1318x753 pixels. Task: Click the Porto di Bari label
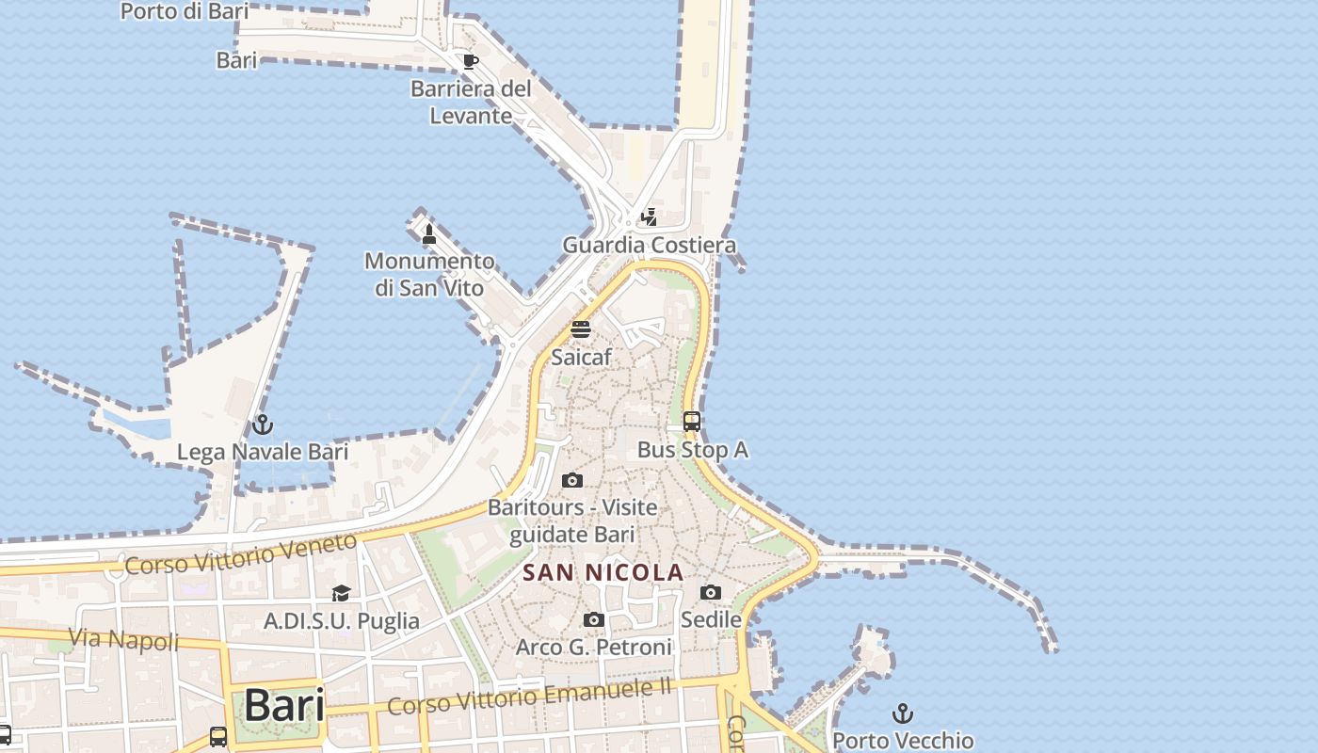185,11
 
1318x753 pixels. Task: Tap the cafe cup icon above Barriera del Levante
470,62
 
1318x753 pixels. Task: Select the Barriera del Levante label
471,102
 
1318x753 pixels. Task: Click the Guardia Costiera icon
649,217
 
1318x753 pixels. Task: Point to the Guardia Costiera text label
649,245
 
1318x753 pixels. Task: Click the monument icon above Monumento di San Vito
429,233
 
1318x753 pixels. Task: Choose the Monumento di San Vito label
429,274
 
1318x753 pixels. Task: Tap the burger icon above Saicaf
581,329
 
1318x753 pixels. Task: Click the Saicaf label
581,357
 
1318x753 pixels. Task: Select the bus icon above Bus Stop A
692,422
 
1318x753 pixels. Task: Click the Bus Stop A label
692,450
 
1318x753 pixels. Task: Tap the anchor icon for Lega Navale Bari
263,425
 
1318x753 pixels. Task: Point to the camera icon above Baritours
571,481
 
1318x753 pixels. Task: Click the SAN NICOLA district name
603,572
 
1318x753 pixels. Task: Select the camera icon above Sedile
711,592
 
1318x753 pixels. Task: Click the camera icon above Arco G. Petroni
593,619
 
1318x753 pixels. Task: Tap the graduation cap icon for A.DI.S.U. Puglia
341,593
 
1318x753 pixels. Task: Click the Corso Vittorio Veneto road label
241,554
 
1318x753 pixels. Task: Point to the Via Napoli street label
124,640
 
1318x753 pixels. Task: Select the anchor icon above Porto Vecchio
903,713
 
